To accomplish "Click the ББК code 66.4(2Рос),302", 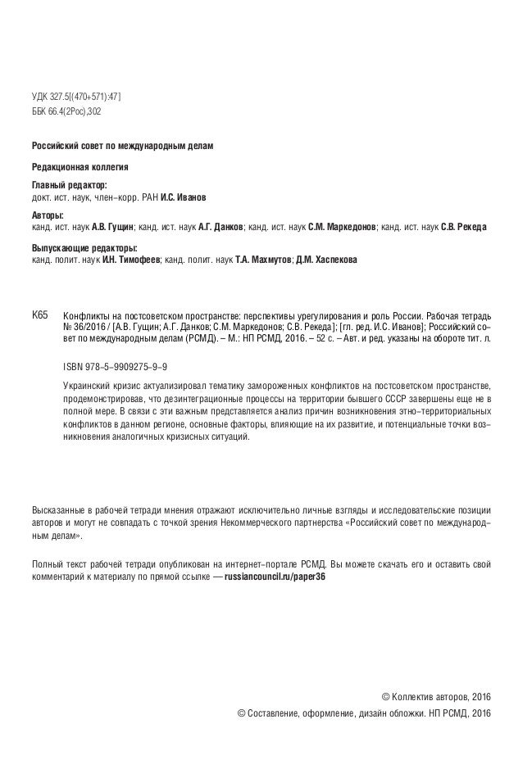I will point(66,111).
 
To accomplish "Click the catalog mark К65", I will point(40,314).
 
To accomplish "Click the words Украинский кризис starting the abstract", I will point(105,385).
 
